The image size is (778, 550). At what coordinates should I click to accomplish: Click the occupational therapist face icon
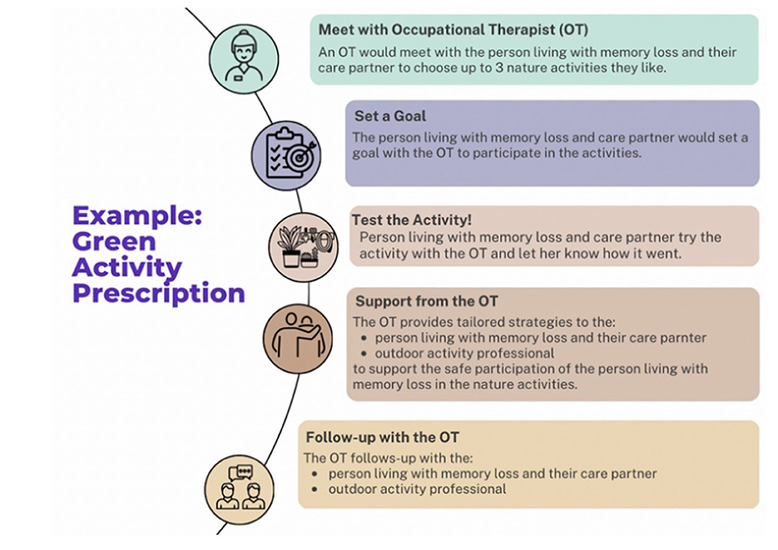[244, 59]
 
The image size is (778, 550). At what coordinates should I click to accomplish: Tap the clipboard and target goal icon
[286, 156]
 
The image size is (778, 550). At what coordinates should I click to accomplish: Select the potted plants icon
[303, 247]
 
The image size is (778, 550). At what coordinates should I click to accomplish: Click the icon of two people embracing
[298, 339]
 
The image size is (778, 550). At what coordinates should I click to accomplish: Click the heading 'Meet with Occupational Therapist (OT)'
[453, 30]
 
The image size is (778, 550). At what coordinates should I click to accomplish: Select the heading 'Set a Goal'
[390, 116]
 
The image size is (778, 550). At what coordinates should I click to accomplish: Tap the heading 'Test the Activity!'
[411, 220]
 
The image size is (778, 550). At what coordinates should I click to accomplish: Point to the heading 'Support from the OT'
[426, 301]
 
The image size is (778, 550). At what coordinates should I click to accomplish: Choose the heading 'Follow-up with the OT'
[382, 437]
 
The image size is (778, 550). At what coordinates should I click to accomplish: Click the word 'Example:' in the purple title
[137, 216]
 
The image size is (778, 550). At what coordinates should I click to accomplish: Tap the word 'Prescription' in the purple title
[159, 293]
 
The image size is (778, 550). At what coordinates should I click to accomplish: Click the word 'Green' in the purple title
[114, 241]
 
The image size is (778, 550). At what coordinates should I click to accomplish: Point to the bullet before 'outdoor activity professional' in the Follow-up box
[315, 489]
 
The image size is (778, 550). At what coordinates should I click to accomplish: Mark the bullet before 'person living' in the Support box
[364, 338]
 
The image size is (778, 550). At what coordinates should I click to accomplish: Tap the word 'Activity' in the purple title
[127, 268]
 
